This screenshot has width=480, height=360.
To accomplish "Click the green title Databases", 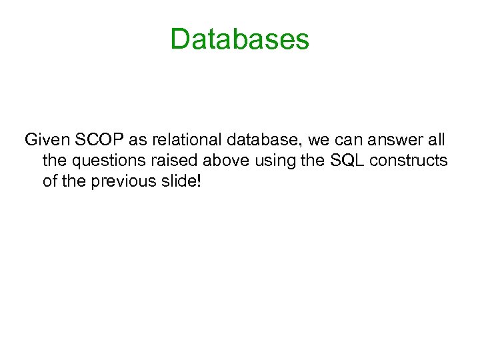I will (x=240, y=39).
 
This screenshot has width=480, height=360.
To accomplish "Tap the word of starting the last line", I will (x=49, y=181).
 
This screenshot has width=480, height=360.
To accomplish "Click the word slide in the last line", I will (x=175, y=181).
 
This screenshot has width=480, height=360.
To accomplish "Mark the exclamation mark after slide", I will (x=196, y=181).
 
